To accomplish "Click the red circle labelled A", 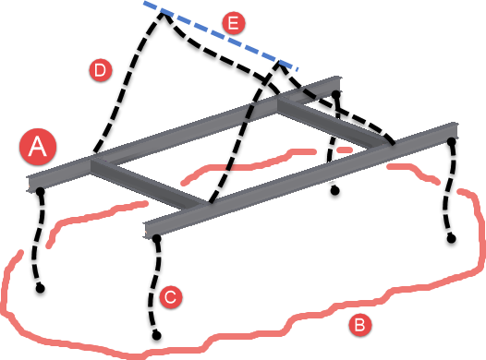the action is click(x=39, y=146).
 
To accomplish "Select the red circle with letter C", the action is click(x=169, y=297).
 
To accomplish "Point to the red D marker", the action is click(x=96, y=68).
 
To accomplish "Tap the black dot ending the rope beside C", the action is click(x=158, y=333).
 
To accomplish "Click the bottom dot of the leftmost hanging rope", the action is click(x=41, y=289).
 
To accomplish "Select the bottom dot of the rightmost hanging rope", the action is click(x=452, y=239).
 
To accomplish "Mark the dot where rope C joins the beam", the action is click(x=156, y=238).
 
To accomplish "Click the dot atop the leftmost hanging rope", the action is click(x=41, y=191).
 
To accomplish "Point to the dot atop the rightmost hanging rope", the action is click(x=453, y=141).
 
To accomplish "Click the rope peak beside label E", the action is click(x=162, y=12).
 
